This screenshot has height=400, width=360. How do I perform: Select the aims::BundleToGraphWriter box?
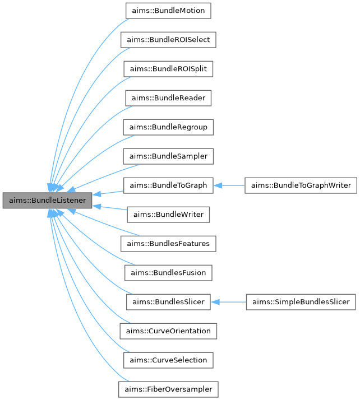(301, 185)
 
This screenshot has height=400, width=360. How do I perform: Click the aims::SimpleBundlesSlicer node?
(301, 302)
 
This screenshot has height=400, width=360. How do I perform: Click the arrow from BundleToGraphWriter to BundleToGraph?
(229, 185)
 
